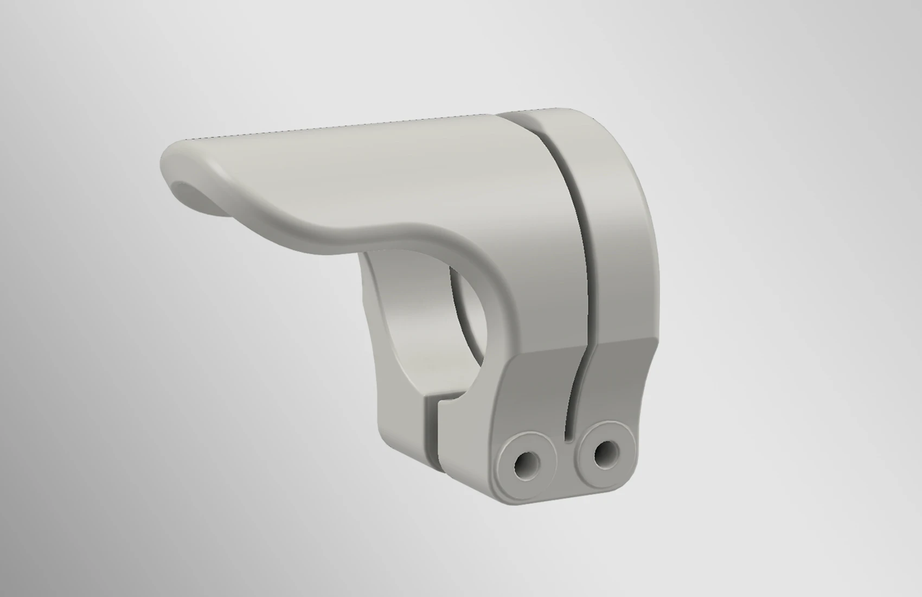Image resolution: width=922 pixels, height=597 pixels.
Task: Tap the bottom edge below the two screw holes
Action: point(564,491)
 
